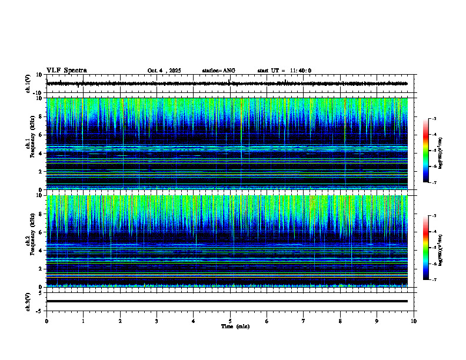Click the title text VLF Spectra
click(x=66, y=70)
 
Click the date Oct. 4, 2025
click(x=164, y=71)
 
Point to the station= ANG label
click(x=218, y=71)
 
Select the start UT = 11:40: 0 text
click(x=284, y=71)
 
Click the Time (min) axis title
click(x=235, y=326)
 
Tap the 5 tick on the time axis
click(x=230, y=321)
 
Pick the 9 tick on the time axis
click(x=377, y=321)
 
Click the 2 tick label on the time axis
click(x=120, y=321)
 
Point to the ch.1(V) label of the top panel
click(x=28, y=84)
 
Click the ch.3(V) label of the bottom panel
click(x=28, y=301)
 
